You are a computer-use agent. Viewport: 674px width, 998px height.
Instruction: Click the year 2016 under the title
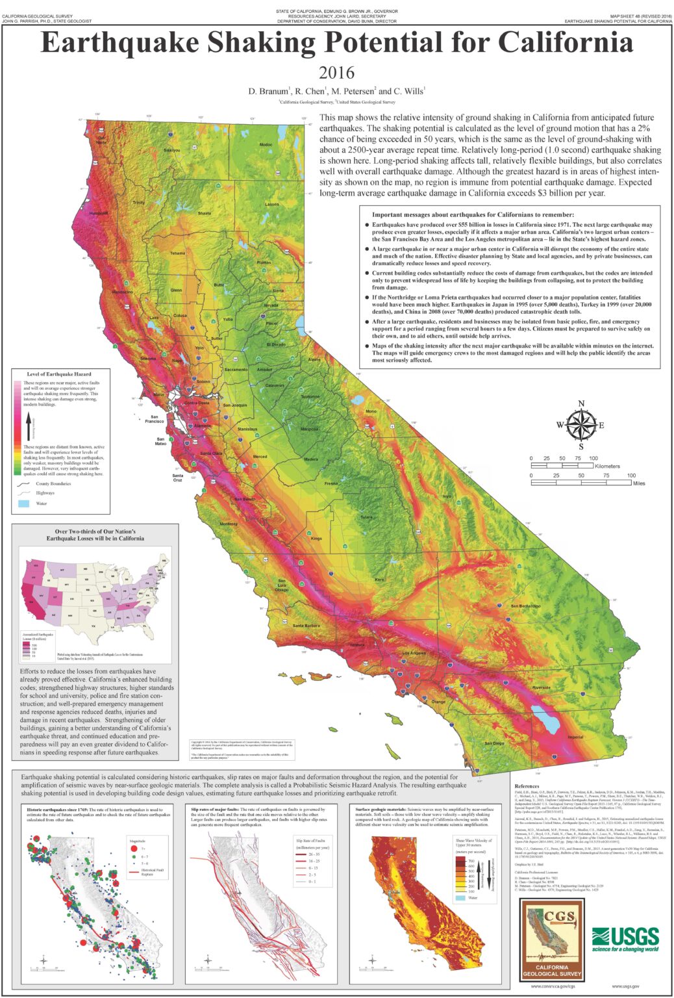pyautogui.click(x=336, y=73)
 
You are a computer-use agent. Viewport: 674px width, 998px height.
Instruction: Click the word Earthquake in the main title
pyautogui.click(x=119, y=43)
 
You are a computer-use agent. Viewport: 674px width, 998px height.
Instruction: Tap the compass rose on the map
pyautogui.click(x=580, y=426)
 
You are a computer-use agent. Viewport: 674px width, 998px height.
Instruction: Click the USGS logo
pyautogui.click(x=625, y=940)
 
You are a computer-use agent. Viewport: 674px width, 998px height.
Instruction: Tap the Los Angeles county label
pyautogui.click(x=414, y=653)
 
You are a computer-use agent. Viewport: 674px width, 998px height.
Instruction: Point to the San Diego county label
pyautogui.click(x=494, y=743)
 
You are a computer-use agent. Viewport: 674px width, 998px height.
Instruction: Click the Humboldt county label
pyautogui.click(x=99, y=213)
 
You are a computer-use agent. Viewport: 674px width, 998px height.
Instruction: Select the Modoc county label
pyautogui.click(x=266, y=144)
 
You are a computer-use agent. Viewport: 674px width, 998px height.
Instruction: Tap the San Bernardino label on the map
pyautogui.click(x=525, y=606)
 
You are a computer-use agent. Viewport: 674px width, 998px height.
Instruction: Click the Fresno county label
pyautogui.click(x=331, y=483)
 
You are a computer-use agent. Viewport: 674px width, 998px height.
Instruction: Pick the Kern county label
pyautogui.click(x=379, y=579)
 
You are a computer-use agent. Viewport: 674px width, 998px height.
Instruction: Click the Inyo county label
pyautogui.click(x=447, y=496)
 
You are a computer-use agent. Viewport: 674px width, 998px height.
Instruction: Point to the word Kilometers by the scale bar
pyautogui.click(x=606, y=466)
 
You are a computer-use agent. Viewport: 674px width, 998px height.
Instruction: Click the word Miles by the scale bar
pyautogui.click(x=638, y=483)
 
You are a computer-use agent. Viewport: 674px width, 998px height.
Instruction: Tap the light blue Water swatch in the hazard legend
pyautogui.click(x=23, y=503)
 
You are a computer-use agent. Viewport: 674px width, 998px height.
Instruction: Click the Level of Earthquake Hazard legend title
pyautogui.click(x=58, y=374)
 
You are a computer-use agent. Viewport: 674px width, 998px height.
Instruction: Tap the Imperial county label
pyautogui.click(x=575, y=737)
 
